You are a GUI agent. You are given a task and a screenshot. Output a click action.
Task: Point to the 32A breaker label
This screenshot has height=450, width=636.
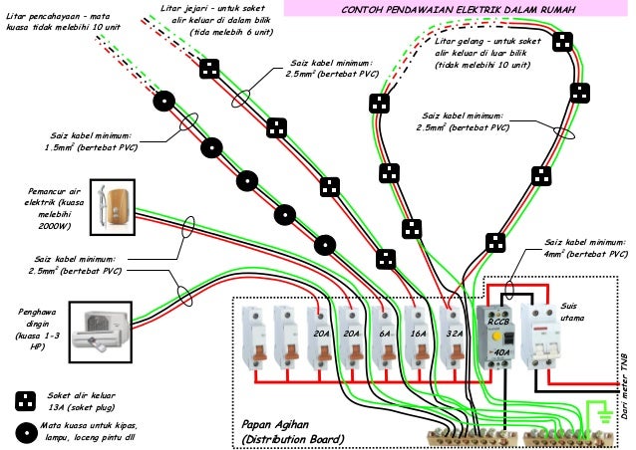[453, 336]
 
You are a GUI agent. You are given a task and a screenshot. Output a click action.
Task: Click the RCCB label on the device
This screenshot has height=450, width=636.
[498, 323]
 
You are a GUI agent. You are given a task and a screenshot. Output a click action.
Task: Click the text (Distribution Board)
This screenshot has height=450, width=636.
[295, 439]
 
